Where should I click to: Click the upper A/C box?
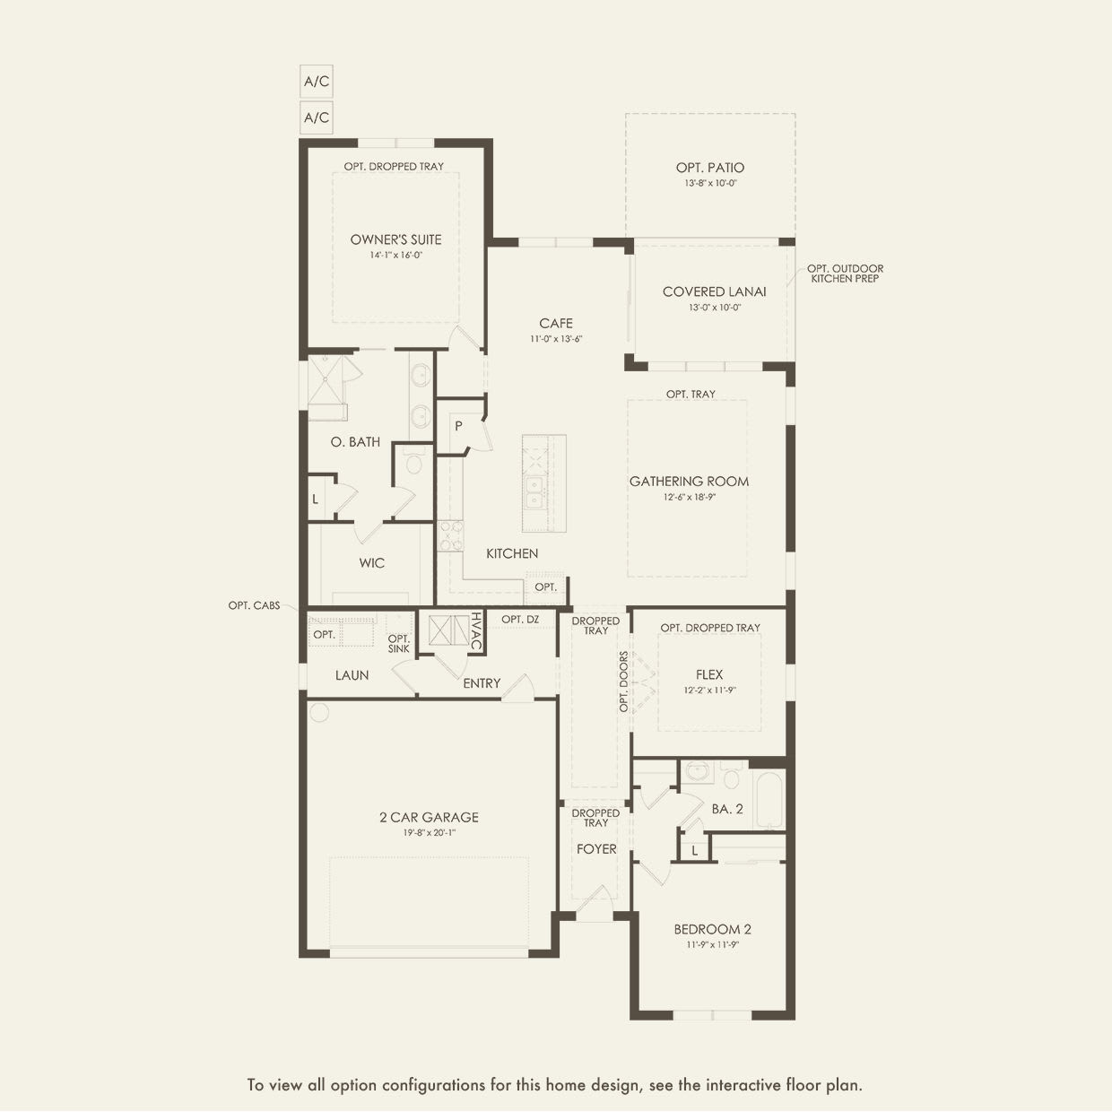pos(316,82)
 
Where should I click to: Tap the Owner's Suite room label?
pos(395,239)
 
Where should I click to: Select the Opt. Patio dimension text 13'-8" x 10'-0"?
pos(710,183)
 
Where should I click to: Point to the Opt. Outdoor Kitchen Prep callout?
pos(845,274)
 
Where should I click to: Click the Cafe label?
pos(556,324)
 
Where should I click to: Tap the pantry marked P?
pos(458,427)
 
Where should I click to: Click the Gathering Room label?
pos(689,482)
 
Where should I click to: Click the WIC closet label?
pos(371,563)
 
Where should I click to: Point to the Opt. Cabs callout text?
pos(254,606)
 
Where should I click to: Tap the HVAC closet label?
pos(476,632)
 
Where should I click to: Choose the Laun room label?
pos(352,675)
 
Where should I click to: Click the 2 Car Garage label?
pos(429,817)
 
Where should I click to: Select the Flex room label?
pos(708,674)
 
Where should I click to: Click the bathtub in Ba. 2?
pos(769,800)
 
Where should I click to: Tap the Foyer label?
pos(596,848)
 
